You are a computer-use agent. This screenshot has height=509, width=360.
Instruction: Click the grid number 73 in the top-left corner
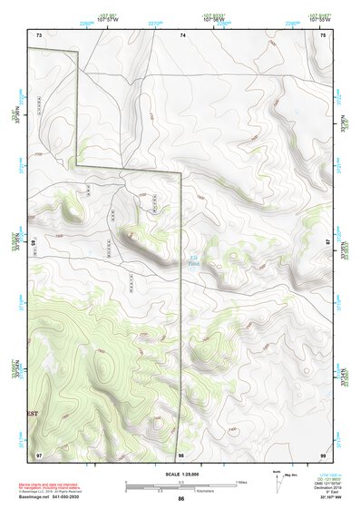39,34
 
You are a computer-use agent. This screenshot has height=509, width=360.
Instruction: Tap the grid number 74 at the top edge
182,34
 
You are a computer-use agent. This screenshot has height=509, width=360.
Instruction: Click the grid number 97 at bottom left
39,452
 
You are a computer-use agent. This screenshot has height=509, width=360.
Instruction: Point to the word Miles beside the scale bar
242,482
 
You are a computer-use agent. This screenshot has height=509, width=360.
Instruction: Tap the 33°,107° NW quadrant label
324,499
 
